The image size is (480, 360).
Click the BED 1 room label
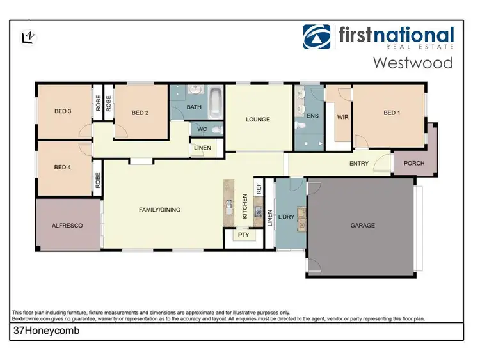(391, 113)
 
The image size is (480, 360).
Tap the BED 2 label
(140, 113)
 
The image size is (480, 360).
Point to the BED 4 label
(62, 168)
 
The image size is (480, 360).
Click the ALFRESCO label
(67, 225)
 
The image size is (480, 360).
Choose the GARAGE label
(362, 225)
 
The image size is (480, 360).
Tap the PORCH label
(414, 164)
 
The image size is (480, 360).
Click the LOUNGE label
(258, 120)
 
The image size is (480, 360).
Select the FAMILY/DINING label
(159, 210)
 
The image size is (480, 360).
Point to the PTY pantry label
(243, 235)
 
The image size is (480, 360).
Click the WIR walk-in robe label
(342, 117)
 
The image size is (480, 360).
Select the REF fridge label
(259, 189)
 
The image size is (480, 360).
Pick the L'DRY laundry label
(286, 217)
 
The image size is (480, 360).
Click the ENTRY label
(358, 164)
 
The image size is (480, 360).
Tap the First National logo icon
(317, 37)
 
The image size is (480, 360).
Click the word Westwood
(413, 63)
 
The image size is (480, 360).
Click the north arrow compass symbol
(28, 37)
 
